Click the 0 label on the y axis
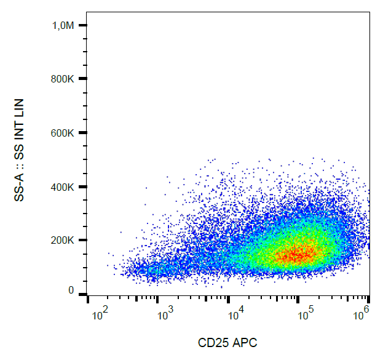(x=71, y=290)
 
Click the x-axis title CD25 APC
(x=227, y=343)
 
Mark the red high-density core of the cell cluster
(x=297, y=252)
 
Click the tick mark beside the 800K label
(x=82, y=79)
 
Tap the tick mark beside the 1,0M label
(x=82, y=25)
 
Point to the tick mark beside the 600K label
(x=82, y=132)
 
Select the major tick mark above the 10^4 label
(x=229, y=300)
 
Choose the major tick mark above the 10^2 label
(x=89, y=300)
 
